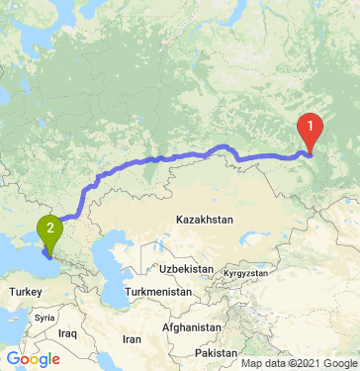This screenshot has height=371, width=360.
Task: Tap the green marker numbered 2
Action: click(47, 233)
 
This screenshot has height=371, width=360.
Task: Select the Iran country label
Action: click(132, 338)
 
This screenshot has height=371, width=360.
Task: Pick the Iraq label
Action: click(67, 334)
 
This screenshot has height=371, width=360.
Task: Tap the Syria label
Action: click(44, 319)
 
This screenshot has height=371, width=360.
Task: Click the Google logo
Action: click(33, 358)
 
